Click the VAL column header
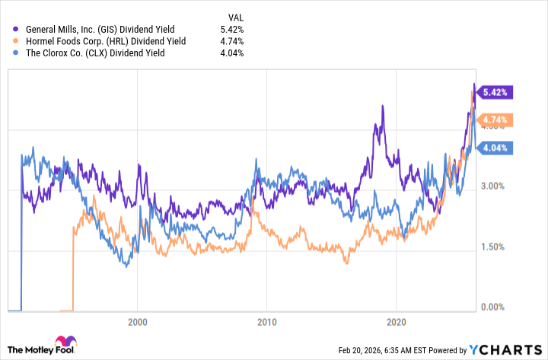point(235,16)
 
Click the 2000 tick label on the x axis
point(138,322)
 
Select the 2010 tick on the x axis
point(267,322)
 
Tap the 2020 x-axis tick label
point(397,322)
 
